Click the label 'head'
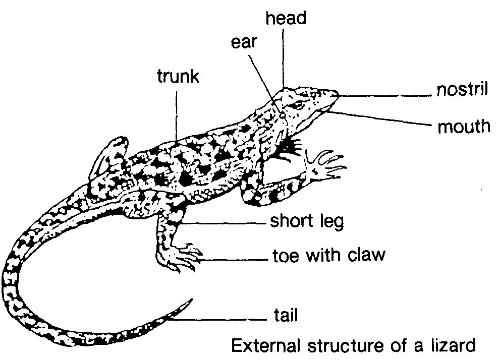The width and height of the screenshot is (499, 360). tap(286, 19)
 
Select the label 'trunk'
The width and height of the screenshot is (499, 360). tap(178, 77)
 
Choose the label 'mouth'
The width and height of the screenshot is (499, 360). tap(464, 126)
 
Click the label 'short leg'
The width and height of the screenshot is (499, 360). tap(307, 221)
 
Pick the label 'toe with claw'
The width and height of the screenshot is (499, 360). tap(328, 255)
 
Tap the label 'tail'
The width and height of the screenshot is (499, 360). tap(286, 316)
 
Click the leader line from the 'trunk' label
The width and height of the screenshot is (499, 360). tap(177, 113)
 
